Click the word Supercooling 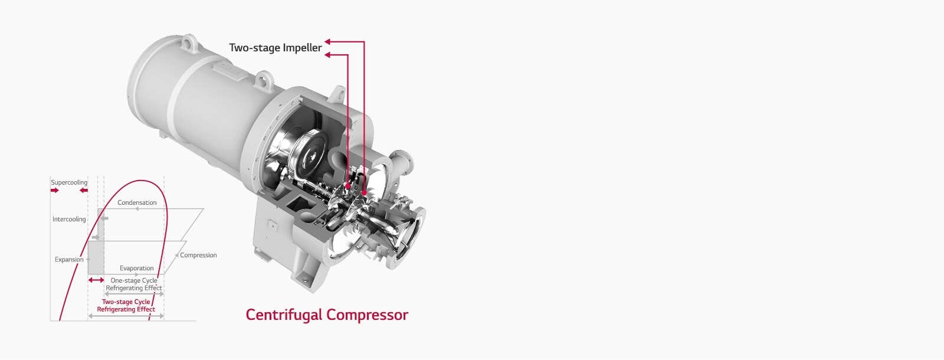69,182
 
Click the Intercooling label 69,219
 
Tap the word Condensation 137,202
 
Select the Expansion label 69,259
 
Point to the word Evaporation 136,268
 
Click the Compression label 198,255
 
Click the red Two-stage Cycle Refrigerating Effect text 126,305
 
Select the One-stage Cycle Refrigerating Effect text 134,284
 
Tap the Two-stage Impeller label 275,48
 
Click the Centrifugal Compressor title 327,315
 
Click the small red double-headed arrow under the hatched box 96,280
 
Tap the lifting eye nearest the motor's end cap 188,43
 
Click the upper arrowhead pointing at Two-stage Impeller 327,41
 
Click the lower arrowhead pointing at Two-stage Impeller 327,54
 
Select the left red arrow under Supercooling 55,191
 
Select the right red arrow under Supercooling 84,191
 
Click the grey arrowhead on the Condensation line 137,209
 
